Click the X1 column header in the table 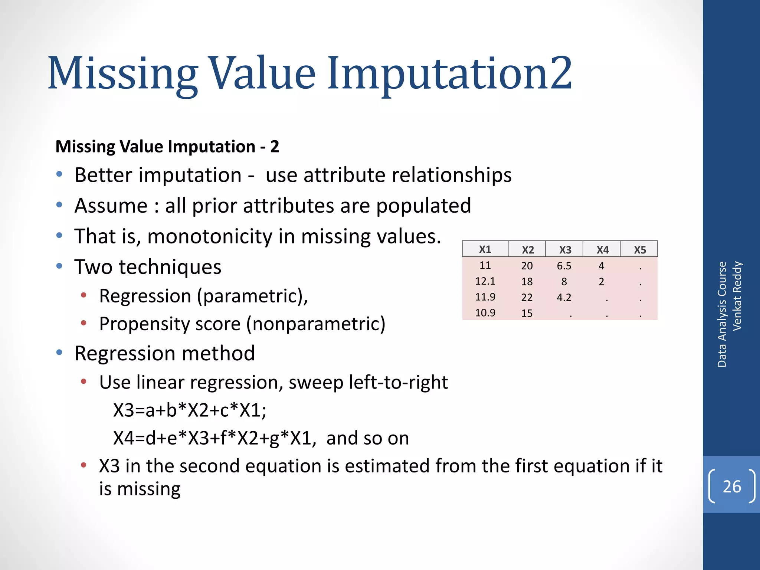(485, 249)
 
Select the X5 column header (640, 250)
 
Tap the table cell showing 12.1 (485, 281)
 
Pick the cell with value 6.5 (564, 266)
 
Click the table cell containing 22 (527, 297)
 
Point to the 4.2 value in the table (564, 297)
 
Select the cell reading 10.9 (485, 313)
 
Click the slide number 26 (732, 487)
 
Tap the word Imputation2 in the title (449, 73)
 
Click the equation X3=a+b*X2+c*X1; (190, 410)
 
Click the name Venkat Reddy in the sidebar (737, 296)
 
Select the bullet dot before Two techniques (59, 266)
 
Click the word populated (423, 206)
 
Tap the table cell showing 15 (527, 313)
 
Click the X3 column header (565, 250)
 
